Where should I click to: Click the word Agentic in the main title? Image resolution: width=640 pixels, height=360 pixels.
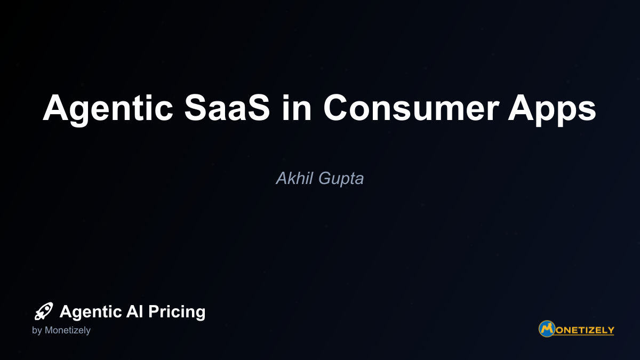point(108,109)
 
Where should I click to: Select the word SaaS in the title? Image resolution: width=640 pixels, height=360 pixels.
point(227,108)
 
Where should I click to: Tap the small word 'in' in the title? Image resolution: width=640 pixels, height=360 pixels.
point(297,107)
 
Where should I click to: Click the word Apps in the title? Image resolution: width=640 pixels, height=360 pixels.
point(552,109)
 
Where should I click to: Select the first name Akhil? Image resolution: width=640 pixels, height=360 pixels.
point(294,178)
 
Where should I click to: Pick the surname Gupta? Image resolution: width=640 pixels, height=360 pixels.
point(341,179)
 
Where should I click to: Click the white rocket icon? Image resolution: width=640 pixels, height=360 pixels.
point(44,311)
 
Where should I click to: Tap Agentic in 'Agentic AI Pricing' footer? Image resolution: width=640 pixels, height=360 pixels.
point(91,312)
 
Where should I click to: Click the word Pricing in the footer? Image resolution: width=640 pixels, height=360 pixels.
point(177,312)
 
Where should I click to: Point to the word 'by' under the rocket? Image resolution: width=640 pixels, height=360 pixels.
point(37,331)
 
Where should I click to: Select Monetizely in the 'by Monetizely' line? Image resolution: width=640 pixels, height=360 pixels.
point(67,331)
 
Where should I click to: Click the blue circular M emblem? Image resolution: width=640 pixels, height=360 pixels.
point(547,329)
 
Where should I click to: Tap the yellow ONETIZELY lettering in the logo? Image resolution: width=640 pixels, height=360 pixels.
point(585,331)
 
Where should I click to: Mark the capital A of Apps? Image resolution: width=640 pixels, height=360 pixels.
point(522,108)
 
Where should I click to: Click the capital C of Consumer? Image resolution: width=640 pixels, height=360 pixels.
point(336,108)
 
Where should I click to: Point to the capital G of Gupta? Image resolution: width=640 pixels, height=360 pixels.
point(325,178)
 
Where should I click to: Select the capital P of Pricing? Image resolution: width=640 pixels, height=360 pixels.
point(154,311)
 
